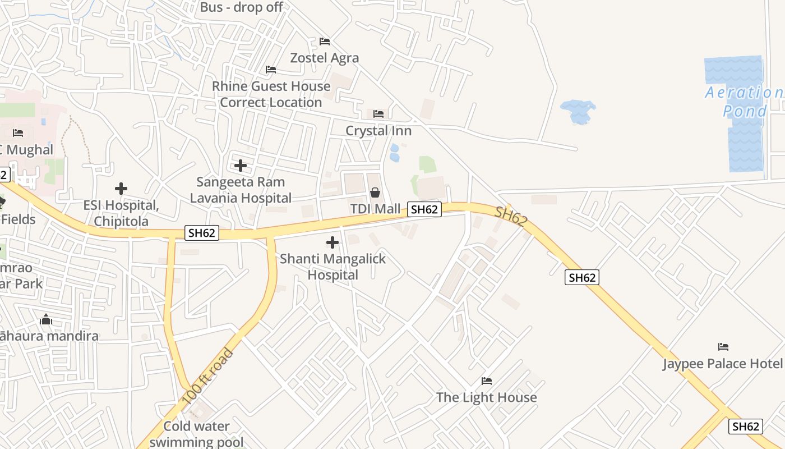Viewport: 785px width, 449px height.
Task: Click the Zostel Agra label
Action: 324,58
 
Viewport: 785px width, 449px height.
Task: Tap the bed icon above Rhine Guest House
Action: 271,70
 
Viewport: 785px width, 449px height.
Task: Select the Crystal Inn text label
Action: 378,131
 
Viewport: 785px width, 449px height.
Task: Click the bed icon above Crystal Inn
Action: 378,114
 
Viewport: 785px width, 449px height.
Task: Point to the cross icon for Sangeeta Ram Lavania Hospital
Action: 241,166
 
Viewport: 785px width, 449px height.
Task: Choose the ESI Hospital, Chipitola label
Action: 121,213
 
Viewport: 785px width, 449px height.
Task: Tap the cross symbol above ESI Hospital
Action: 121,189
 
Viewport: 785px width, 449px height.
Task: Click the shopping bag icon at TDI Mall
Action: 375,193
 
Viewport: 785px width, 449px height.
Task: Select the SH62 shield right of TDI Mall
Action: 424,209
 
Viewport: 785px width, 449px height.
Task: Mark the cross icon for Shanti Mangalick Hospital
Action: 333,242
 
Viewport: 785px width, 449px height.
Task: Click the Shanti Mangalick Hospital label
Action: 333,267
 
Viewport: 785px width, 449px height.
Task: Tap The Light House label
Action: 486,397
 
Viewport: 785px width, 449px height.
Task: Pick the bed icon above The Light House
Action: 487,381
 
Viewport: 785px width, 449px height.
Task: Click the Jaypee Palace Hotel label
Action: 722,364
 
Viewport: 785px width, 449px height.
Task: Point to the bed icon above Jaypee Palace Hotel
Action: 723,347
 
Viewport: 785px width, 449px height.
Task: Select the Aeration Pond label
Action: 744,102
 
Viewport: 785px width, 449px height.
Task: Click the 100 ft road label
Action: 207,377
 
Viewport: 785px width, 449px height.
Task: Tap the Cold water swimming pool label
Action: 196,434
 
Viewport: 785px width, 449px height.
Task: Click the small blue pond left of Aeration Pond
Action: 578,111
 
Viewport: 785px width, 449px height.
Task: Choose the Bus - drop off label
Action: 242,7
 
